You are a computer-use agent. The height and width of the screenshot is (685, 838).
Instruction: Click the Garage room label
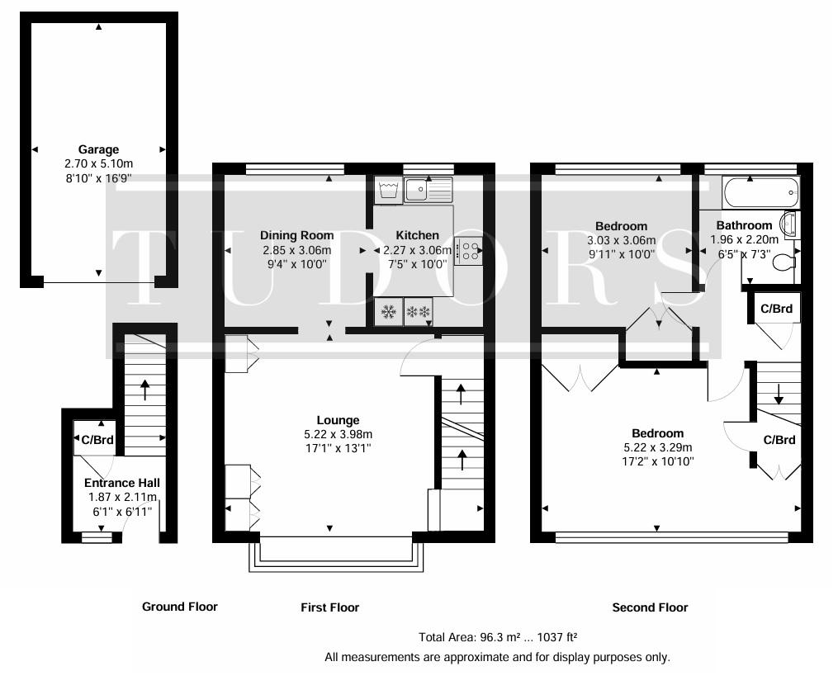[x=98, y=149]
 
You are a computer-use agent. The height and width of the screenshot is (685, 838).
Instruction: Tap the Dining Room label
[x=296, y=235]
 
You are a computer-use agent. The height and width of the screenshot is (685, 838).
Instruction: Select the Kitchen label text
[x=418, y=235]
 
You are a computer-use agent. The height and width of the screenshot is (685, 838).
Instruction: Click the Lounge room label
[x=338, y=421]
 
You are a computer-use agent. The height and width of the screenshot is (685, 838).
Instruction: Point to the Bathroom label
[x=744, y=225]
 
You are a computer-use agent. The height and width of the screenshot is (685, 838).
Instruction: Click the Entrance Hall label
[x=122, y=483]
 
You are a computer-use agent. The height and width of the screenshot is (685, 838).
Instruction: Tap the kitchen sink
[x=428, y=190]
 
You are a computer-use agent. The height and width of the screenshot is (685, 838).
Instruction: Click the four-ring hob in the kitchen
[x=468, y=251]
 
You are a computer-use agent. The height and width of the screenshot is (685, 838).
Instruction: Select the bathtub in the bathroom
[x=760, y=193]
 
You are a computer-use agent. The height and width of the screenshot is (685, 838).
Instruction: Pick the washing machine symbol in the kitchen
[x=389, y=190]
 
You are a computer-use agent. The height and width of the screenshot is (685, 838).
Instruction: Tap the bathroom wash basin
[x=790, y=224]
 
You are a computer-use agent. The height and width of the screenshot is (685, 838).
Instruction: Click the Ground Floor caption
[x=180, y=607]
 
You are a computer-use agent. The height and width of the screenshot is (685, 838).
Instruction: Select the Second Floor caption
[x=650, y=607]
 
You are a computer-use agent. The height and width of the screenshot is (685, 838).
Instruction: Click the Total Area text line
[x=498, y=637]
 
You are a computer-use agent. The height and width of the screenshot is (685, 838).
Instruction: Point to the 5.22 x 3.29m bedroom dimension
[x=657, y=448]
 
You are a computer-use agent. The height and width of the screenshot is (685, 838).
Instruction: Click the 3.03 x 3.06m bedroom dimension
[x=621, y=240]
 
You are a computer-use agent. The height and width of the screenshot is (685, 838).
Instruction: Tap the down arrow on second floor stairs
[x=779, y=394]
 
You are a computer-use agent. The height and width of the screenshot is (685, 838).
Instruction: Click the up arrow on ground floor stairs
[x=144, y=390]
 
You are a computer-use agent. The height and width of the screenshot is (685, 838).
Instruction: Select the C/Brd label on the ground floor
[x=97, y=440]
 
